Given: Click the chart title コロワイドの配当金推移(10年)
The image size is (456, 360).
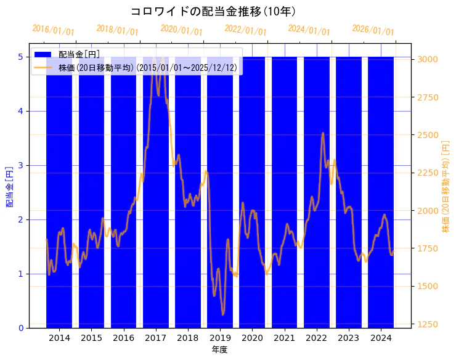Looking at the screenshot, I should (x=213, y=12).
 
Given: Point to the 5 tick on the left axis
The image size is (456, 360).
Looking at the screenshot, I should (x=20, y=57).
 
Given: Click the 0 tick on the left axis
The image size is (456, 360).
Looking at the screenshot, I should (x=20, y=328).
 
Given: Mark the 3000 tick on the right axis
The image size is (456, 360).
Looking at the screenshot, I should (x=429, y=59).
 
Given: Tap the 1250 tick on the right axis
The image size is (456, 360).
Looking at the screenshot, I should (x=429, y=324).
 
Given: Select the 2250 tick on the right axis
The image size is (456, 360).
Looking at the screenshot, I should (x=429, y=173).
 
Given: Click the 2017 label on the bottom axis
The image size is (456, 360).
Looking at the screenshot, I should (x=156, y=338).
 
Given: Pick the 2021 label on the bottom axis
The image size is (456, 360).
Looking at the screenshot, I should (x=284, y=338).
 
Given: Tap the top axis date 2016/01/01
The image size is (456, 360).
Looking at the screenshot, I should (x=54, y=30).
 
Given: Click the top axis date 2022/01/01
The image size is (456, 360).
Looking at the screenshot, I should (x=246, y=30).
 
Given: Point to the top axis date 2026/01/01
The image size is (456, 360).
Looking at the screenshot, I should (x=373, y=30).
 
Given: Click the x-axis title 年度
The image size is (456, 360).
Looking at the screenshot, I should (x=220, y=350).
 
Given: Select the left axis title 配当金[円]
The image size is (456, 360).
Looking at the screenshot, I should (x=9, y=186).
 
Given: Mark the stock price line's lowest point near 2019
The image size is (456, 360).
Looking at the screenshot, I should (x=223, y=315).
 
